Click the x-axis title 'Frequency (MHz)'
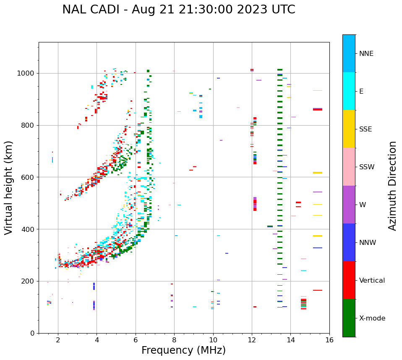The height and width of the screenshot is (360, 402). tap(183, 350)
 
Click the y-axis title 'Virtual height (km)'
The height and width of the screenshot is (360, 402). tap(9, 187)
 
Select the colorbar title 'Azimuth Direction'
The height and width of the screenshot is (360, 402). tap(392, 186)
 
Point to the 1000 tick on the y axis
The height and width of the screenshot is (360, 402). tap(27, 74)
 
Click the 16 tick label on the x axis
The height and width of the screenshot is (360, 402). tap(329, 340)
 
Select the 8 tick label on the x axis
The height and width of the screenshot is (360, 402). tap(174, 340)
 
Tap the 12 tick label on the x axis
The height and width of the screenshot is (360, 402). tap(252, 340)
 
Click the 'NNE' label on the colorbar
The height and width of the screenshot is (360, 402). tap(366, 54)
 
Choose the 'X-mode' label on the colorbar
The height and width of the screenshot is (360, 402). tap(372, 318)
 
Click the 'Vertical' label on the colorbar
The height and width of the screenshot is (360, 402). tap(372, 281)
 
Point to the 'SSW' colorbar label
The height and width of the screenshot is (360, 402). tap(367, 167)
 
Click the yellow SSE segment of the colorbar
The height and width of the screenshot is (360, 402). tap(349, 129)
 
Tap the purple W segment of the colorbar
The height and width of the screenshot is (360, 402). tap(349, 205)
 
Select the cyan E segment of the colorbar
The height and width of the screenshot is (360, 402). tap(349, 91)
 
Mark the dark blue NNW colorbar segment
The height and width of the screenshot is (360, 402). tap(349, 242)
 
